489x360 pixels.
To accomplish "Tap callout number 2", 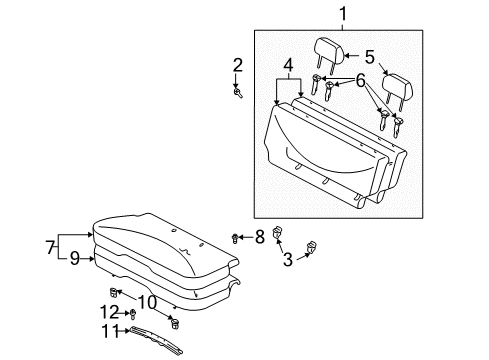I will [x=237, y=66].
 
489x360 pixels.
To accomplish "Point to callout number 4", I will [x=288, y=67].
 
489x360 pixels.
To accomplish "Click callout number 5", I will [x=368, y=56].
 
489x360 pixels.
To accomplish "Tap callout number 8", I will [x=258, y=236].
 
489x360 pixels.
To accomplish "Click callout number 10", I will [x=146, y=301].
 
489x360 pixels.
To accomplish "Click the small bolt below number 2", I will [x=239, y=93].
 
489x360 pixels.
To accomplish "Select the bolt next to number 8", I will [x=236, y=238].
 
